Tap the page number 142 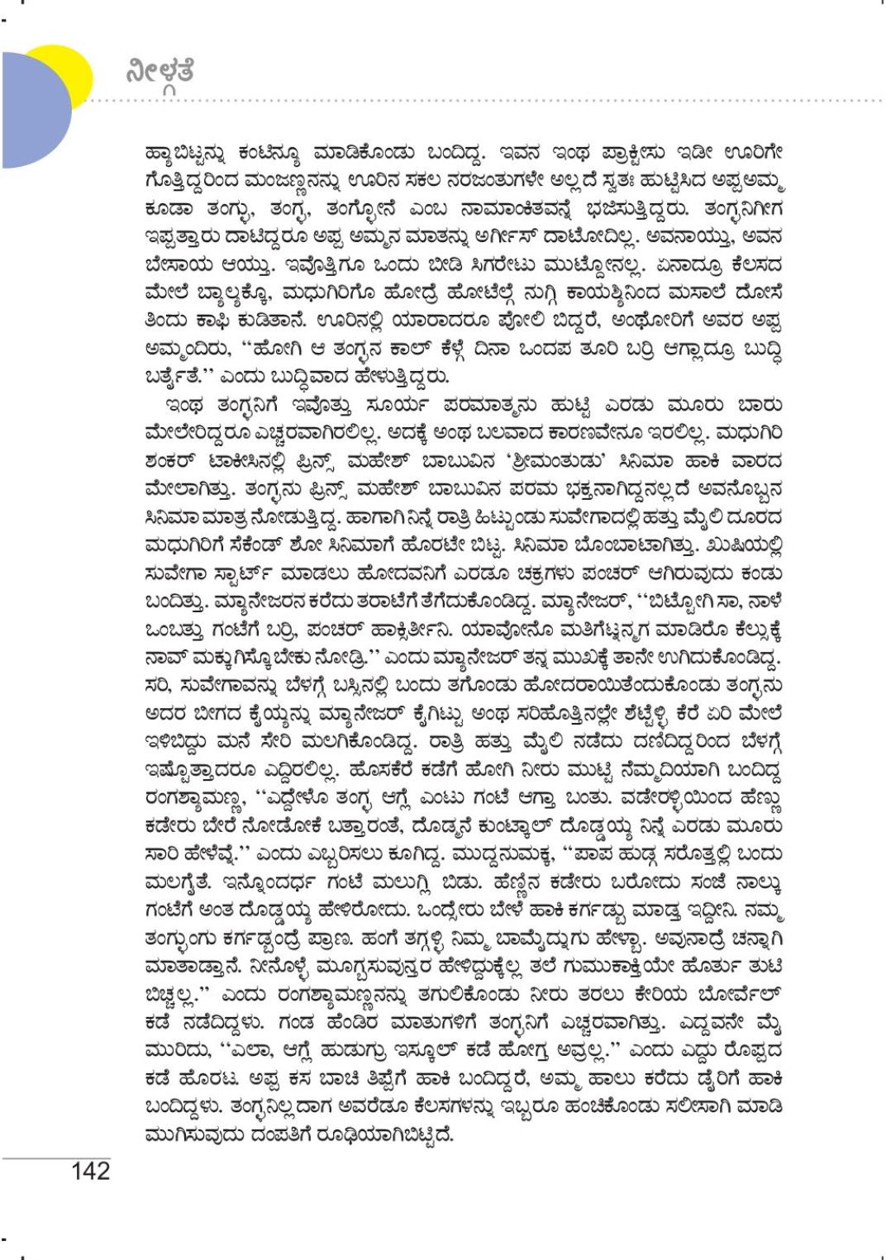[x=90, y=1171]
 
